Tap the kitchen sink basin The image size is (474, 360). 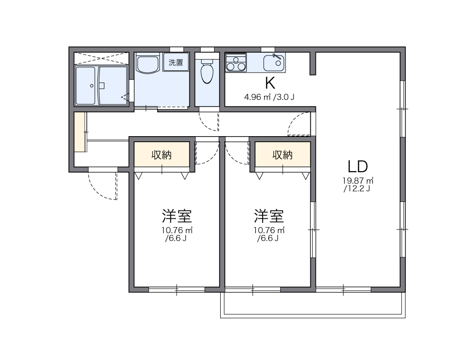coord(273,62)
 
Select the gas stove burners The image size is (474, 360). coord(236,62)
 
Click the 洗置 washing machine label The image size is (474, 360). coord(175,63)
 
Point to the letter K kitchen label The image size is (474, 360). coord(270,83)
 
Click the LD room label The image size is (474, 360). coord(358,166)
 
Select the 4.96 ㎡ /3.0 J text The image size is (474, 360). coord(269,97)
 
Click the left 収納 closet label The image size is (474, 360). coord(161,155)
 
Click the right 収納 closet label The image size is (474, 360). coord(282,155)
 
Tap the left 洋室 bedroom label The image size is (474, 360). coord(176,216)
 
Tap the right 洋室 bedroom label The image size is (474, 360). coord(269,216)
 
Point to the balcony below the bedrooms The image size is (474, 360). coord(313,305)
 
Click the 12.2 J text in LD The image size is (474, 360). coord(357,189)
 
